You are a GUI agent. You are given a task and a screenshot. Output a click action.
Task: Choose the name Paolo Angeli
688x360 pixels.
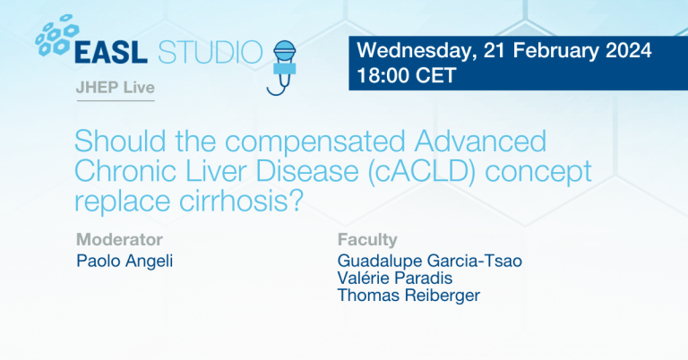(x=126, y=261)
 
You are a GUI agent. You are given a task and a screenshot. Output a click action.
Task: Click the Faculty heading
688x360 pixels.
(x=367, y=239)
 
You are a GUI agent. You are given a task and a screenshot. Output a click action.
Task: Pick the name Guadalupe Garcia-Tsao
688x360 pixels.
(x=429, y=261)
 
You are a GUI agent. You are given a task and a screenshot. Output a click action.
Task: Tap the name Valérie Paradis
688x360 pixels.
(x=394, y=279)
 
